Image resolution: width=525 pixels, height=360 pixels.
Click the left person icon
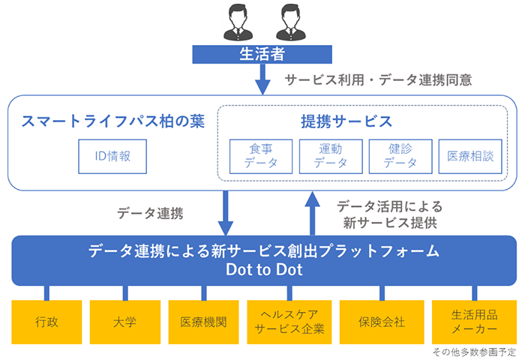(238, 22)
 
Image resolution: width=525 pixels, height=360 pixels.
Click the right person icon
(291, 22)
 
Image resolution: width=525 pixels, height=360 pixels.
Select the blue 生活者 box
(262, 54)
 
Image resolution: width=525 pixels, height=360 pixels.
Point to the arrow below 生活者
(262, 79)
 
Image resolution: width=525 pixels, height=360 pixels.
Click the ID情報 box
(112, 157)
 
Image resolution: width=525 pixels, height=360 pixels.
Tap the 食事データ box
(261, 157)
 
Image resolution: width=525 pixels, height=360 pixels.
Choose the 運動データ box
(331, 157)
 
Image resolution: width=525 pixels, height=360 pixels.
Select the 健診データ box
(400, 157)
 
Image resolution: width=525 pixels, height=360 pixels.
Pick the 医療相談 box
(470, 157)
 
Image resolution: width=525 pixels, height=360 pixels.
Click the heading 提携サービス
(346, 121)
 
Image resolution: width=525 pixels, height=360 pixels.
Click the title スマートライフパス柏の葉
(112, 121)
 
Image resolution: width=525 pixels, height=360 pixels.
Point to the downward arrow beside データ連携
(225, 213)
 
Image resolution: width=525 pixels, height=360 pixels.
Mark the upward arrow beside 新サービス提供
(313, 213)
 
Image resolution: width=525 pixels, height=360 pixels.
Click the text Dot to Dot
(264, 269)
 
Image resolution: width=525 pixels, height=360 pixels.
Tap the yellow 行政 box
(46, 322)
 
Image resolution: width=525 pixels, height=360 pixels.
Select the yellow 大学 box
(125, 322)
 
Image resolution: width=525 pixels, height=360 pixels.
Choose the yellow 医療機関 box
(203, 322)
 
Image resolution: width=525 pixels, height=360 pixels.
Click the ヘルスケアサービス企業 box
(289, 322)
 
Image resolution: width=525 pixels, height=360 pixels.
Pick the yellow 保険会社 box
(382, 322)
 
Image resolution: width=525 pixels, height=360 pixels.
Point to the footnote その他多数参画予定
(474, 352)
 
